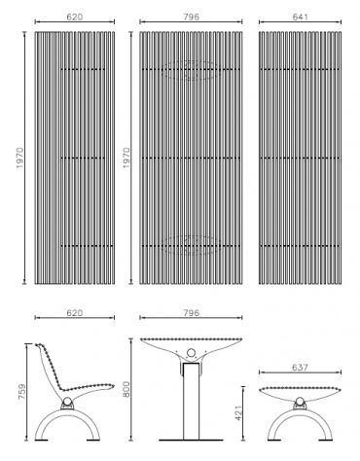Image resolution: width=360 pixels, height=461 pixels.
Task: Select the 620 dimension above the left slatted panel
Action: click(x=73, y=15)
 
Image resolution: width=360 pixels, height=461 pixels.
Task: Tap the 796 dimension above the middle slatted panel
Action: click(x=191, y=15)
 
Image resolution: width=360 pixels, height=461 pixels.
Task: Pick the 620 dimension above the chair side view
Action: click(x=73, y=313)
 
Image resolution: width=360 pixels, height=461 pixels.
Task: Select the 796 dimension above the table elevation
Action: click(x=191, y=313)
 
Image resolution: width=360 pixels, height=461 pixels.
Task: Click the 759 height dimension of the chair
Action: click(x=18, y=393)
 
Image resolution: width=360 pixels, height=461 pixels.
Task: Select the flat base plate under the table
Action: click(x=192, y=443)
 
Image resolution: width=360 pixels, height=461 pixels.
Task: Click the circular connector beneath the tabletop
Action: click(x=192, y=354)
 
